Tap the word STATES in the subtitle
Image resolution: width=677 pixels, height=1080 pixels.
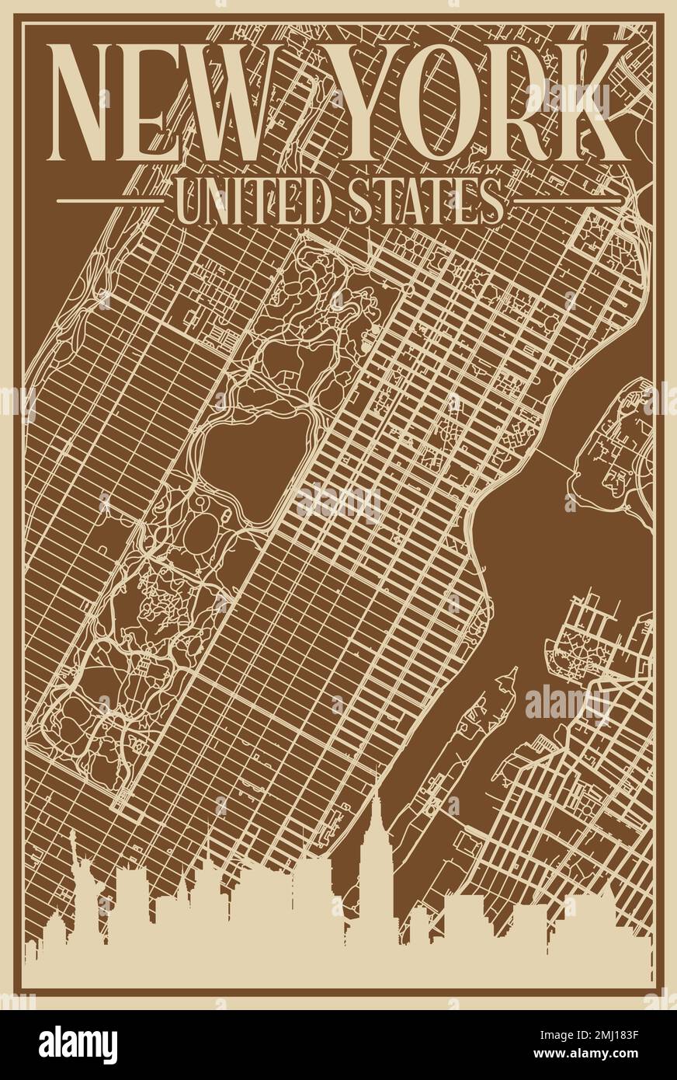423,201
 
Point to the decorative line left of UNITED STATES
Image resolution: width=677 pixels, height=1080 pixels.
109,201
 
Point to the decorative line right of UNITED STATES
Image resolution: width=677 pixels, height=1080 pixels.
567,201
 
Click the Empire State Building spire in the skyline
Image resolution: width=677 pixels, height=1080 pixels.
376,793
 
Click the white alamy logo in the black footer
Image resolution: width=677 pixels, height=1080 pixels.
78,1045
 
